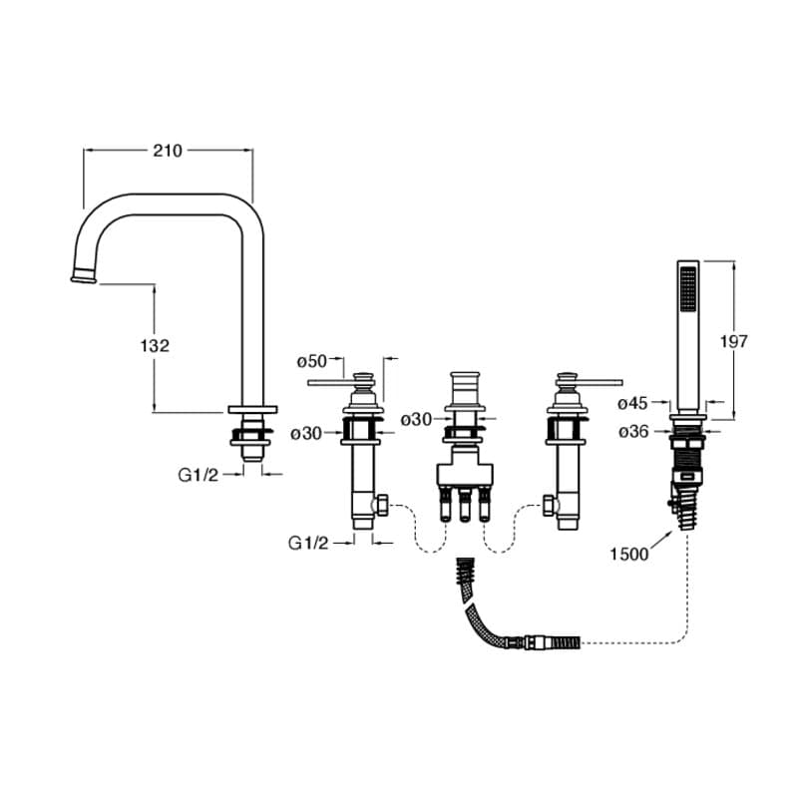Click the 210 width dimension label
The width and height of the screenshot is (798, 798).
tap(168, 151)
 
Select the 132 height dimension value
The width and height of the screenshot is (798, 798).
tap(156, 345)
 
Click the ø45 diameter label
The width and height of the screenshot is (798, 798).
tap(633, 404)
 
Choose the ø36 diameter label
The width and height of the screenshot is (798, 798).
tap(633, 431)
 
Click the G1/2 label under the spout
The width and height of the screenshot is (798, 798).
tap(198, 475)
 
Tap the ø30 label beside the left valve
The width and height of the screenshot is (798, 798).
tap(306, 433)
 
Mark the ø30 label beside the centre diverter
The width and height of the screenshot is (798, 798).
tap(416, 420)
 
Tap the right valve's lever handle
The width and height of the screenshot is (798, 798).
tap(598, 381)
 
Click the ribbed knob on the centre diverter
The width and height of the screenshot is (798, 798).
tap(463, 384)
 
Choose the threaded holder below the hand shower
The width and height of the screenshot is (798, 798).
tap(687, 464)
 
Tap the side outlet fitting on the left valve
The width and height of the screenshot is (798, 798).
tap(380, 507)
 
